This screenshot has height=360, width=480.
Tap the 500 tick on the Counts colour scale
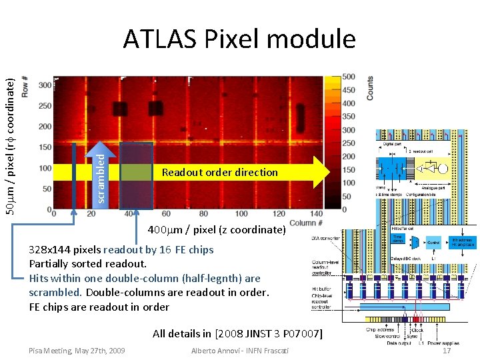point(348,77)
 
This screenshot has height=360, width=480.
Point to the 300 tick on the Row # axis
point(45,85)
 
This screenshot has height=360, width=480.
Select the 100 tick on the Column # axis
point(241,214)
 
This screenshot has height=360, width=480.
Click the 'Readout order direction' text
point(219,172)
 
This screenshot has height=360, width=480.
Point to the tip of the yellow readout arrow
point(329,172)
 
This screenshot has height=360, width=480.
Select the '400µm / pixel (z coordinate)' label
point(216,230)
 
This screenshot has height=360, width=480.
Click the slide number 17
point(447,351)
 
